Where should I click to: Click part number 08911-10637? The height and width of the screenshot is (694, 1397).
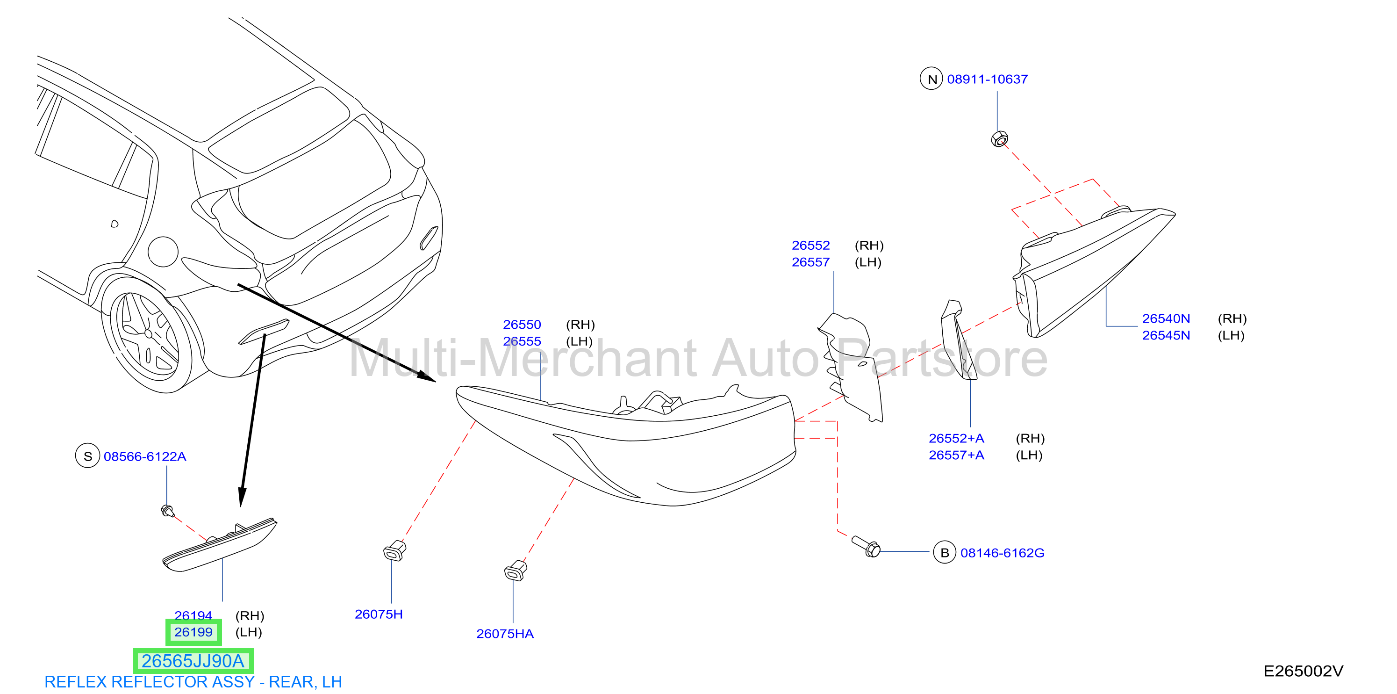(x=987, y=79)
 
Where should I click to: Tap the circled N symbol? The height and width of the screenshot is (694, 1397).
(x=931, y=79)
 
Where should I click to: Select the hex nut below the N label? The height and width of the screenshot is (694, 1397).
(x=999, y=139)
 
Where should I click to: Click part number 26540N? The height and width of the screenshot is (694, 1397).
(x=1166, y=318)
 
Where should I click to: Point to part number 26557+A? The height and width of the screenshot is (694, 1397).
(x=956, y=455)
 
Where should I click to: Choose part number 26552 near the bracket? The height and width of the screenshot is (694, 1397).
(x=811, y=245)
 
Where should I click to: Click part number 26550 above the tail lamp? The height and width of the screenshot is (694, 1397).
(x=522, y=325)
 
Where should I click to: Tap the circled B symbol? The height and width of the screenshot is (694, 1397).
(x=945, y=552)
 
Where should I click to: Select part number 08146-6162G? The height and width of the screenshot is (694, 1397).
(x=1002, y=553)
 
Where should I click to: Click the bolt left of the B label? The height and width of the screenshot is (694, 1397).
(x=866, y=546)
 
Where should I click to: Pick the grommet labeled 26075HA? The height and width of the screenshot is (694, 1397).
(x=515, y=570)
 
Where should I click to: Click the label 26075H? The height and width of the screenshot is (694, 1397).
(x=379, y=614)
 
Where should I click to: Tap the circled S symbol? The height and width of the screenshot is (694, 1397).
(x=87, y=456)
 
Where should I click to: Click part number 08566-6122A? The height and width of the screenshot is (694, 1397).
(x=145, y=457)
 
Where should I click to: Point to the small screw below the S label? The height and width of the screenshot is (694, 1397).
(x=168, y=511)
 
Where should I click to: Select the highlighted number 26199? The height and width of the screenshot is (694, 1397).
(x=193, y=632)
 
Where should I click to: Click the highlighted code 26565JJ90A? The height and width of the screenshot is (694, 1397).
(x=193, y=661)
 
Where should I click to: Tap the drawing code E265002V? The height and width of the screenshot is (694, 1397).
(x=1303, y=671)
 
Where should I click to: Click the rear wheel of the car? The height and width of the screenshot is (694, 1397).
(x=146, y=336)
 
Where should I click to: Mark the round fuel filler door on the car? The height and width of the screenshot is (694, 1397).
(x=163, y=252)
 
